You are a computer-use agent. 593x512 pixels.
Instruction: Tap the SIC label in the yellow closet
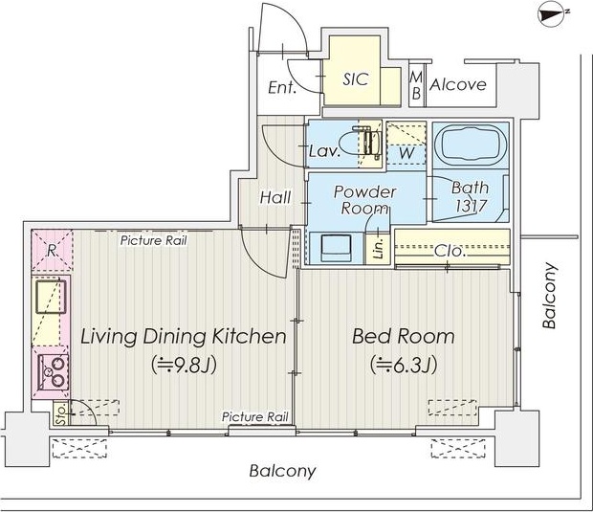[356, 79]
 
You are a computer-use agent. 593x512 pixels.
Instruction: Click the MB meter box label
[416, 85]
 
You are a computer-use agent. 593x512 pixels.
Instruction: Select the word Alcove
[458, 84]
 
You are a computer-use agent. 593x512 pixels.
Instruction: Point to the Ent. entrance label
[282, 87]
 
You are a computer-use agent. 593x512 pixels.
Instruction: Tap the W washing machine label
[406, 154]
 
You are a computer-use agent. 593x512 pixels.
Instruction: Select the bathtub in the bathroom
[471, 144]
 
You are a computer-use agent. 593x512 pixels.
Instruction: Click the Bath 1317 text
[470, 197]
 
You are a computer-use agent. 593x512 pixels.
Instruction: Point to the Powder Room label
[365, 200]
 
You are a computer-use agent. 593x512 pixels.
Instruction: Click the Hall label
[275, 197]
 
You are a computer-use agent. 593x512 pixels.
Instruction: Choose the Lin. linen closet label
[378, 248]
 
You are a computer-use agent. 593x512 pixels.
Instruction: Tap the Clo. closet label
[450, 251]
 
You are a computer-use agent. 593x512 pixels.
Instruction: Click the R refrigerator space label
[51, 251]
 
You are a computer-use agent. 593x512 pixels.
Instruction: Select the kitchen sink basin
[51, 297]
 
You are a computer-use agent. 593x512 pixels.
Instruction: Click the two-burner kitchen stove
[54, 372]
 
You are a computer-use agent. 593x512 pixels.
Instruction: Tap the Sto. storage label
[60, 414]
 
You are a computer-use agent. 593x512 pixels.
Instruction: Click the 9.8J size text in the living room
[185, 365]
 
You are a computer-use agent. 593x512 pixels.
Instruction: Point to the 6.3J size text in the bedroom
[404, 365]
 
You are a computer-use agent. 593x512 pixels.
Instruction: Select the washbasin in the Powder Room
[336, 248]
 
